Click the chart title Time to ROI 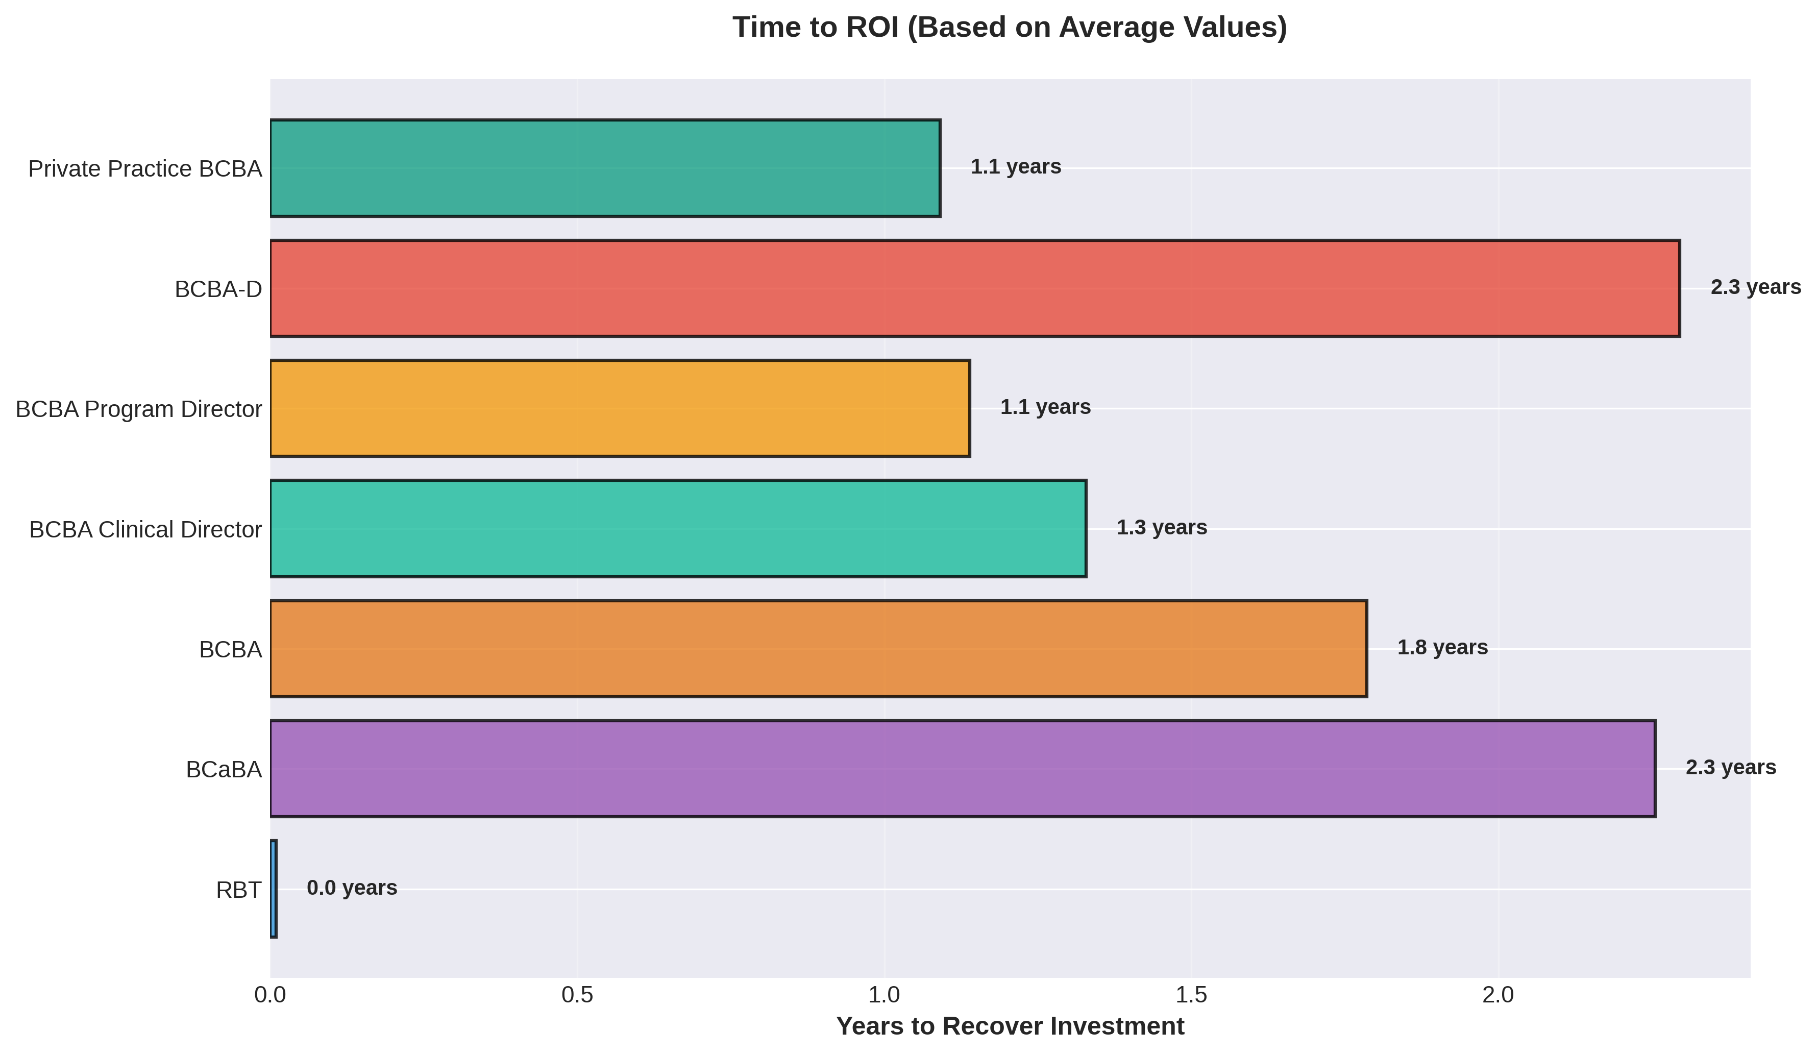[x=1010, y=28]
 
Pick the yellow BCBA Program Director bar [x=620, y=408]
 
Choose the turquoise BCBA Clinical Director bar [x=678, y=529]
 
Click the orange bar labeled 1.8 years [x=818, y=648]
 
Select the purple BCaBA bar [x=963, y=769]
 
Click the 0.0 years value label [x=352, y=888]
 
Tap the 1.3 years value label [x=1162, y=528]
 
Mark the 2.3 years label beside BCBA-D [x=1756, y=287]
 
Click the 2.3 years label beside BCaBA [x=1730, y=767]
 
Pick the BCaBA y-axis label [x=224, y=770]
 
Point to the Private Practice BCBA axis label [x=145, y=169]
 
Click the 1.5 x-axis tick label [x=1191, y=995]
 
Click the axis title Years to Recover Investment [x=1010, y=1026]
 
